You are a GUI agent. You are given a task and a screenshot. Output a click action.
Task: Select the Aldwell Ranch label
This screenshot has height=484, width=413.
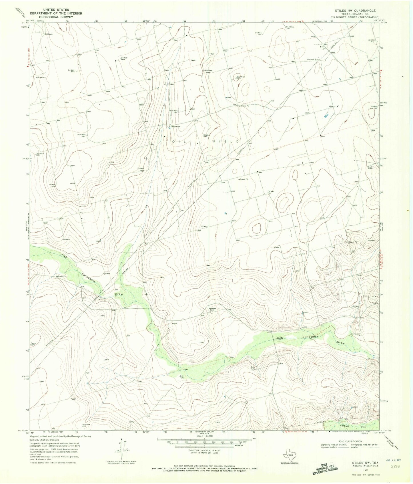click(x=175, y=127)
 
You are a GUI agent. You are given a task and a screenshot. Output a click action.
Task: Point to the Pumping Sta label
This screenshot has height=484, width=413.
click(x=313, y=60)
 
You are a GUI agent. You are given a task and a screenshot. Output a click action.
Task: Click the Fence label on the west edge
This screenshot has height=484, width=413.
click(x=33, y=343)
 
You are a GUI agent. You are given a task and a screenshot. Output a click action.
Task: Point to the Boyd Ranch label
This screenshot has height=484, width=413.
click(x=370, y=168)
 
